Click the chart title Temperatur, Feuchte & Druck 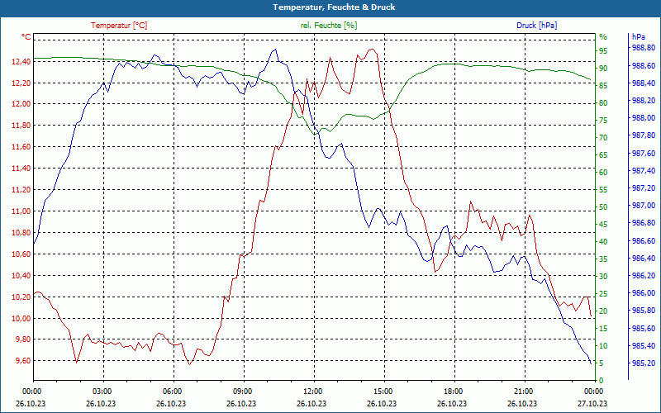[x=330, y=7]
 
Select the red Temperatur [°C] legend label [x=119, y=26]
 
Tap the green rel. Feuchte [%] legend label [x=329, y=26]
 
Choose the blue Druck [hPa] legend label [x=536, y=26]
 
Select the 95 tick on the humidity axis [x=603, y=50]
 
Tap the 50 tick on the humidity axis [x=603, y=206]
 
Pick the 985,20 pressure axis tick [x=643, y=363]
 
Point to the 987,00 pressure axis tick [x=643, y=206]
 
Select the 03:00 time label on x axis [x=102, y=391]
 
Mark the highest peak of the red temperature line [x=371, y=50]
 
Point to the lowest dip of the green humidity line [x=313, y=134]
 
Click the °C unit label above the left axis [x=26, y=37]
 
